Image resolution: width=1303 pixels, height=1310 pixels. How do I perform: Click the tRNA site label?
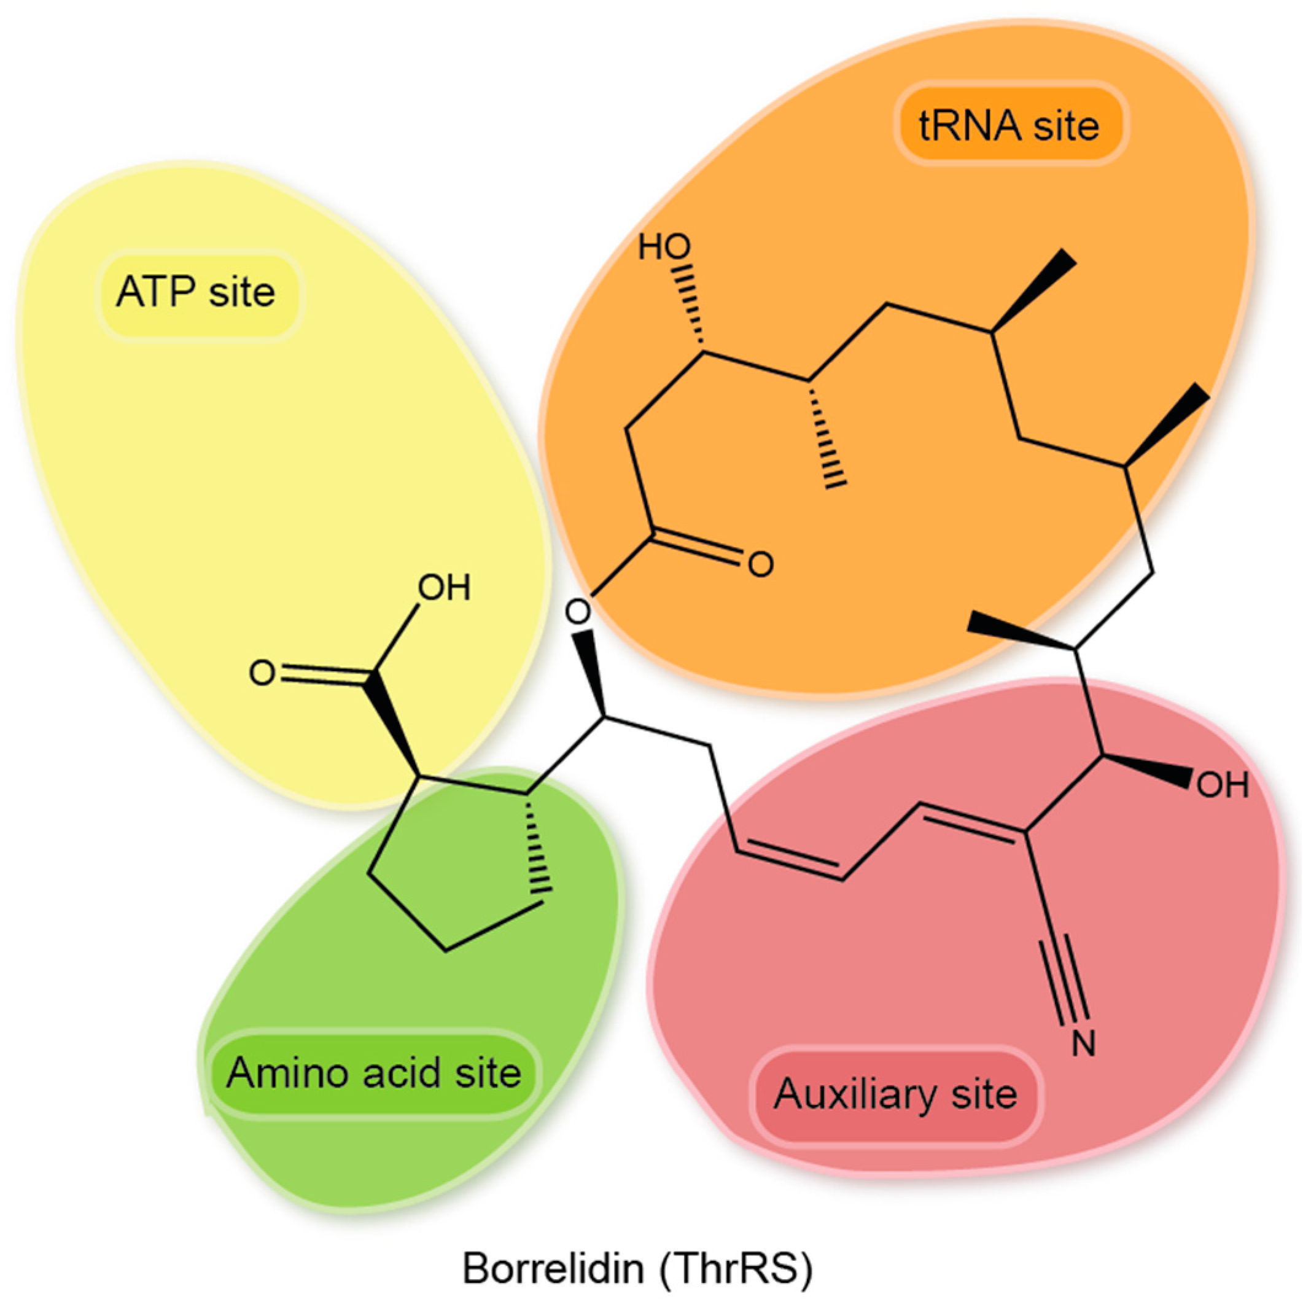(x=1009, y=126)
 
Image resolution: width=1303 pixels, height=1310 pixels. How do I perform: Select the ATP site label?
(x=196, y=292)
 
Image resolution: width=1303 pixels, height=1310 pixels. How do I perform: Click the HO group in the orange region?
(x=664, y=248)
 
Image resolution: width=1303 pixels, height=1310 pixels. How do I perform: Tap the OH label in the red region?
(x=1223, y=785)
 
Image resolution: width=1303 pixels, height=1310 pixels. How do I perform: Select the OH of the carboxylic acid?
(x=444, y=588)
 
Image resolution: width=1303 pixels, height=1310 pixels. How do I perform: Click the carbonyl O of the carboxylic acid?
(x=262, y=673)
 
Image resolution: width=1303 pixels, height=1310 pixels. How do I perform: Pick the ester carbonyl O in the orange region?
(x=761, y=564)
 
